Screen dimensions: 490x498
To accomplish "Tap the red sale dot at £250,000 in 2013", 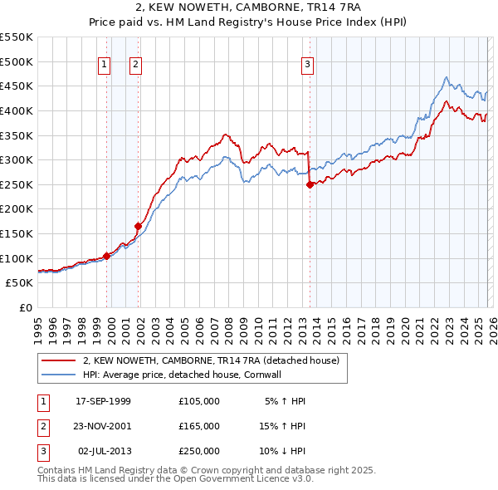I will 310,185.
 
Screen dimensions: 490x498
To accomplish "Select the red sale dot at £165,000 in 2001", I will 139,226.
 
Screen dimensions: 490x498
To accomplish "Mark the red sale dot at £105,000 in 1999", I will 106,256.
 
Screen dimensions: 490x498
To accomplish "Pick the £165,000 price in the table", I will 198,426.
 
